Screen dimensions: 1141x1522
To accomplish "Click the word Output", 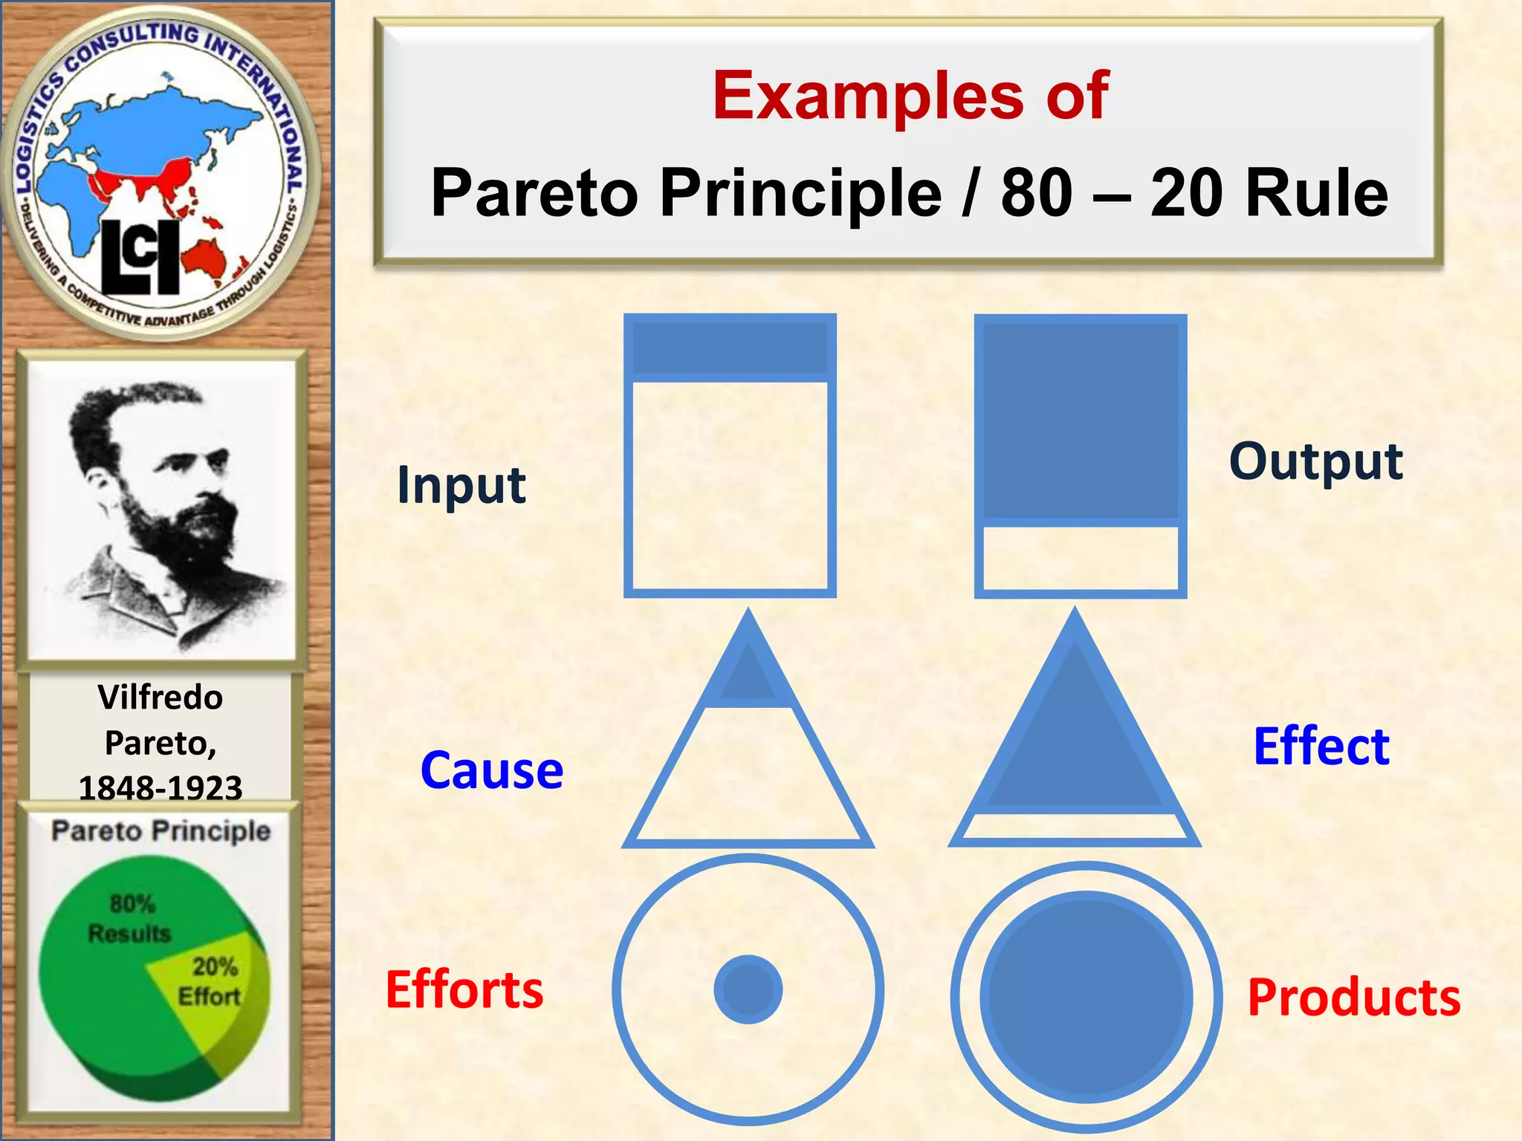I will coord(1315,462).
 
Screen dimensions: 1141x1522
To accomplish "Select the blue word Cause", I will coord(491,770).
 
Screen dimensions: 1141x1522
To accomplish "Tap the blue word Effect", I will coord(1321,746).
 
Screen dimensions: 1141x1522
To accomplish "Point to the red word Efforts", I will coord(464,989).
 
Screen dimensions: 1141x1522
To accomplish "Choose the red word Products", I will coord(1353,997).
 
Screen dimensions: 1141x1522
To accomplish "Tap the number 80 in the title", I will coord(1036,193).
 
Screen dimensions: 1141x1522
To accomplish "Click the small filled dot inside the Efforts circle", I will coord(748,989).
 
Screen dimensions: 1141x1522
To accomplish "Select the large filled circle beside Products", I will coord(1086,997).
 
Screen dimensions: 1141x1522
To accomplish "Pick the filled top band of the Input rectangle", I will coord(730,348).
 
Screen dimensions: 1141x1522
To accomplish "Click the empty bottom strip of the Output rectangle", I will coord(1080,559).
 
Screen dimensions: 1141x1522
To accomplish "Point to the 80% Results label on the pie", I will coord(130,918).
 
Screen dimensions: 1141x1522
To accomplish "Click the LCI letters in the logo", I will coord(140,256).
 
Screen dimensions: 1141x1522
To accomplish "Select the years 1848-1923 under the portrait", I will coord(161,787).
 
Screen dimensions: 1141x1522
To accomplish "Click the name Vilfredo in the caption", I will coord(161,698).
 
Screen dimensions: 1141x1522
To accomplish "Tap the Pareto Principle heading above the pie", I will coord(161,830).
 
